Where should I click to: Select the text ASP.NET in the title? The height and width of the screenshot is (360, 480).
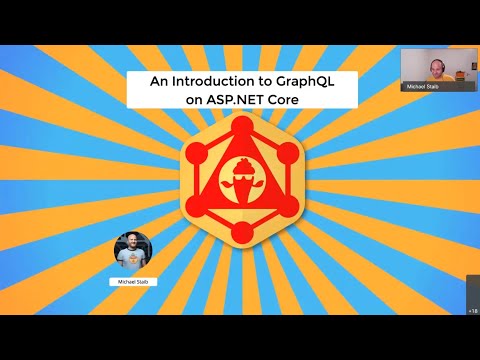[227, 101]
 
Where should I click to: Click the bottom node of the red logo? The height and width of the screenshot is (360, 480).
[241, 233]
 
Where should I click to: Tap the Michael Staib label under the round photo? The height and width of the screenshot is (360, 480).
[132, 283]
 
